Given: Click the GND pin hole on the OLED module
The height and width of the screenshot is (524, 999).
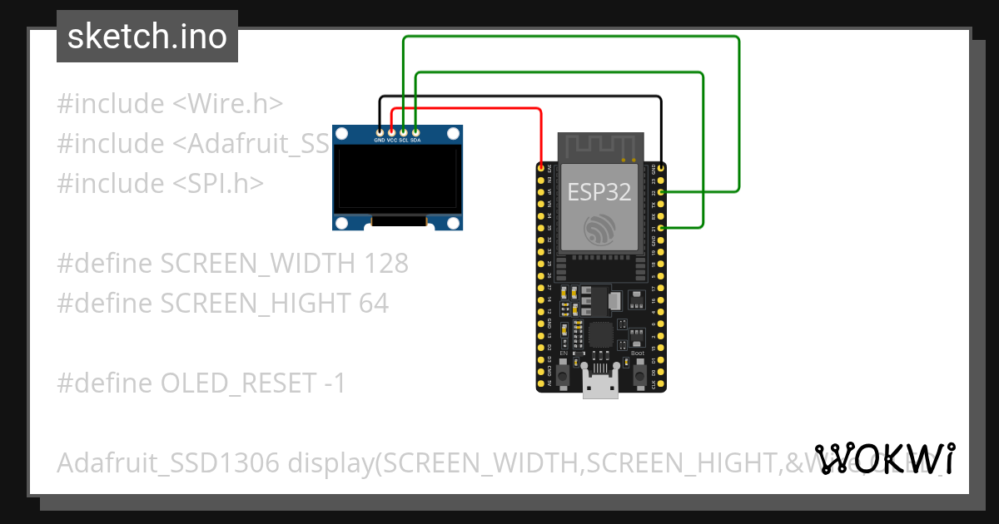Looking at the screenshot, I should coord(380,131).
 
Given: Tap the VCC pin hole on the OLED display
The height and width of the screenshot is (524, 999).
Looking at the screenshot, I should coord(391,131).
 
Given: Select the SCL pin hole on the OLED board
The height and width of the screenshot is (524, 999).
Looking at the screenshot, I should coord(404,131).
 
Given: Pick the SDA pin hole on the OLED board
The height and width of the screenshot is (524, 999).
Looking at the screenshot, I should coord(415,131).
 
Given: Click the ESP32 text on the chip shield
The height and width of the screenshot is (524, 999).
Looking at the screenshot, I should coord(599,192).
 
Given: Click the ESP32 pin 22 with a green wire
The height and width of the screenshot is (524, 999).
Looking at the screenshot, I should coord(661,192).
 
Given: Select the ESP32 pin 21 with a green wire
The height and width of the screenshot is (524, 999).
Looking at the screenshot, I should coord(661,227).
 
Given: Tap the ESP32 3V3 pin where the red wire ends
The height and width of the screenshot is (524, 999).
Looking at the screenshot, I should coord(542,169).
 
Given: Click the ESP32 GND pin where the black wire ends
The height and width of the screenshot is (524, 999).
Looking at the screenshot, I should coord(661,169).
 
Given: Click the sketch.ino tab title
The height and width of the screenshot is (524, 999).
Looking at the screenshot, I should coord(147,37).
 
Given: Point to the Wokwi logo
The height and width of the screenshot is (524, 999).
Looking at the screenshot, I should coord(884,458).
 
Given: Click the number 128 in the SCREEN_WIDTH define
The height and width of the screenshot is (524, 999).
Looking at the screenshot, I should coord(386,264).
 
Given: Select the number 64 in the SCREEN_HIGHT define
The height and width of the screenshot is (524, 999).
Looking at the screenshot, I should coord(374,303).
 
